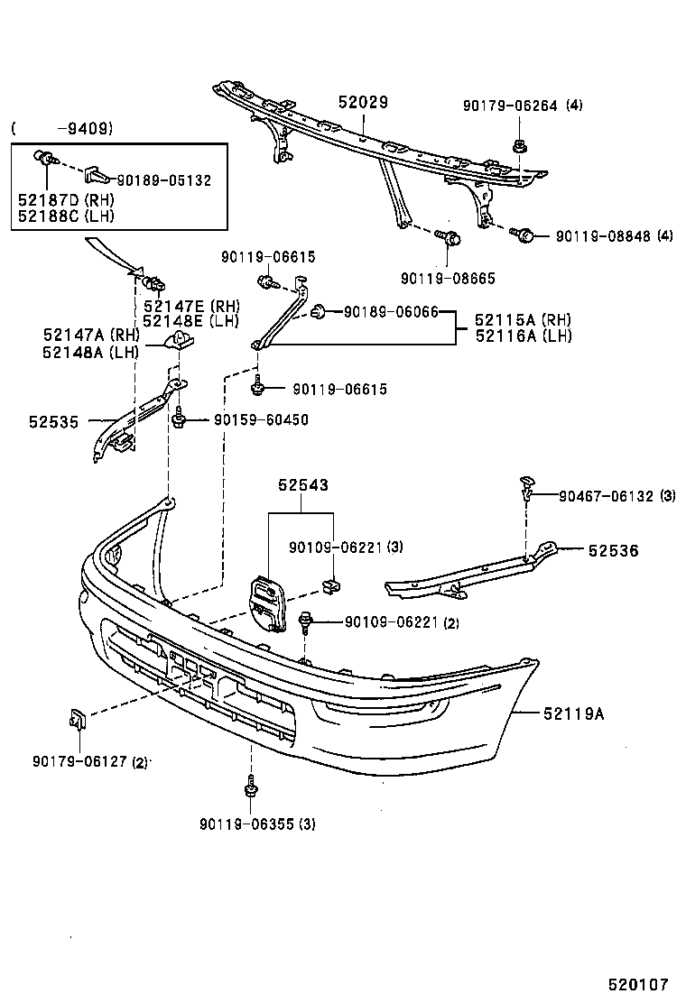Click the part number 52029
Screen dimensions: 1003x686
(363, 103)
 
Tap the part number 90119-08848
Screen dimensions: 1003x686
(602, 236)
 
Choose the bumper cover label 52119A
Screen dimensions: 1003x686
(573, 713)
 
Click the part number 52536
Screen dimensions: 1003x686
(613, 550)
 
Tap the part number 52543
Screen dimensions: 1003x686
(302, 485)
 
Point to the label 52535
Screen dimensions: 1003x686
(53, 421)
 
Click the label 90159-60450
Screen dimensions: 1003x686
(261, 419)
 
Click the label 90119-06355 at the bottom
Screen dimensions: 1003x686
(246, 824)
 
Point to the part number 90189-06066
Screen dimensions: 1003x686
(390, 312)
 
